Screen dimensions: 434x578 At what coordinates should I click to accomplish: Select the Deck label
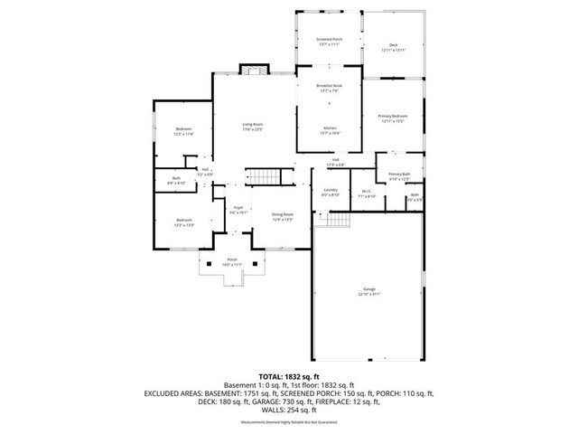pos(393,47)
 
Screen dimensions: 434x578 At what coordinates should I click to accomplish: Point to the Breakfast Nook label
pos(329,88)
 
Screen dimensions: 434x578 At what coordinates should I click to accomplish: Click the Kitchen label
pos(330,130)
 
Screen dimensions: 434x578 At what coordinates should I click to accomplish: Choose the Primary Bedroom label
pos(393,118)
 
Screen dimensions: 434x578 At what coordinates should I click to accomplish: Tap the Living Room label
pos(252,126)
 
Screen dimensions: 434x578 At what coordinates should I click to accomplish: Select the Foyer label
pos(238,209)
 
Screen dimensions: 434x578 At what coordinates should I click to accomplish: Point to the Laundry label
pos(330,192)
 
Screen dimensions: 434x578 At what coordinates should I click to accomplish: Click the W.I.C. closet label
pos(367,193)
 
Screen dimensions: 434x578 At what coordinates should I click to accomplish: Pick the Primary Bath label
pos(399,175)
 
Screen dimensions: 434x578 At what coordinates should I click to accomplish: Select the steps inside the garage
pos(338,222)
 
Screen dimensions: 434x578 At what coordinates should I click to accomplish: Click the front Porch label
pos(232,261)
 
